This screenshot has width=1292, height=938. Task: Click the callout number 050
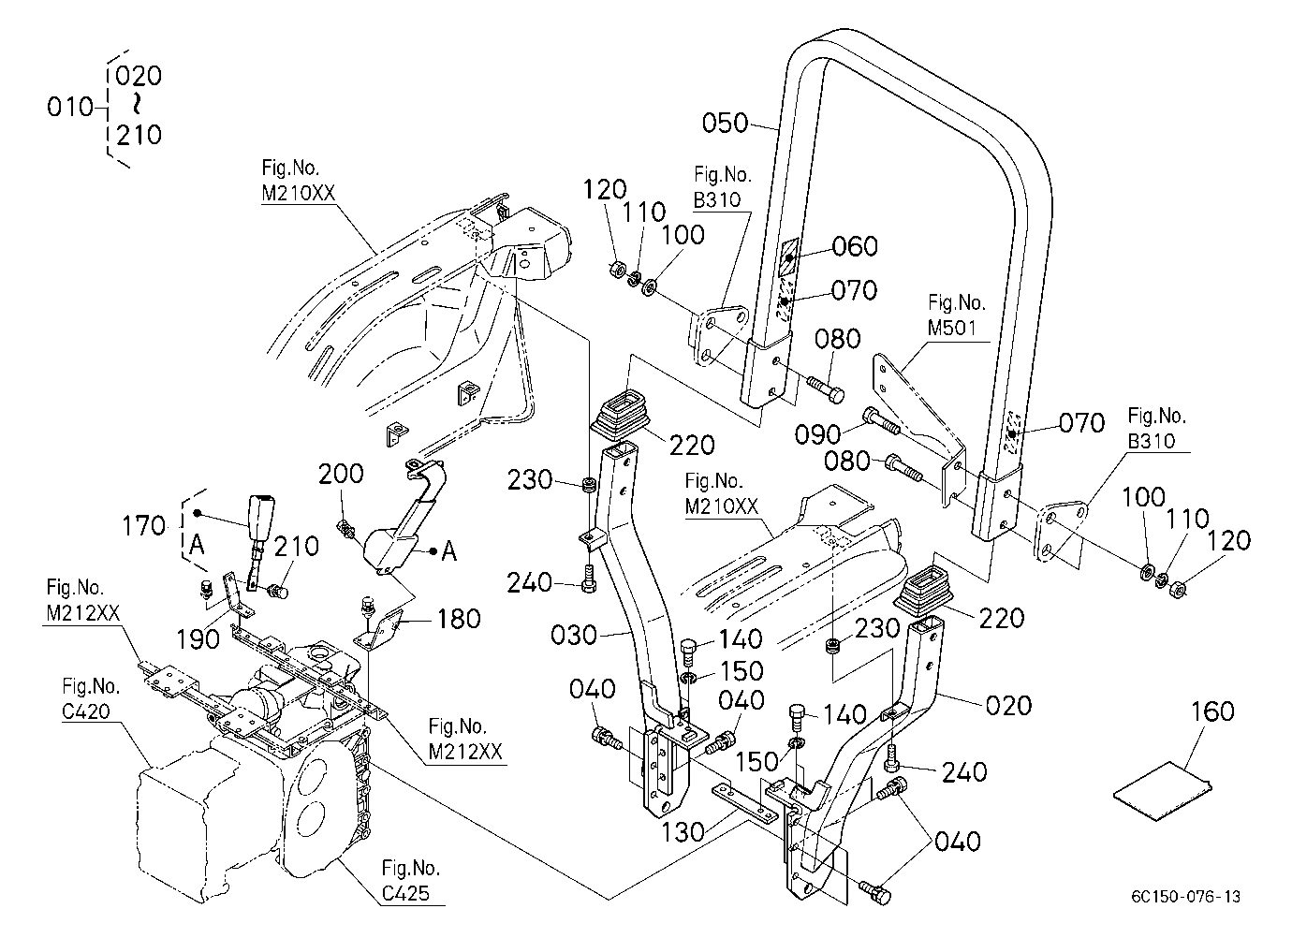(x=725, y=123)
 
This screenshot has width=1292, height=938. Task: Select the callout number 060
(x=855, y=246)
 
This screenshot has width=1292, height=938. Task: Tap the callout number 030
(x=573, y=635)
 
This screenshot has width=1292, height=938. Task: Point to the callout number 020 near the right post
(x=1009, y=706)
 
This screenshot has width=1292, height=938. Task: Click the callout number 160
(x=1213, y=711)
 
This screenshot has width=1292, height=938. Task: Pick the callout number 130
(x=683, y=832)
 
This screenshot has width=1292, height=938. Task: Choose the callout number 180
(x=459, y=619)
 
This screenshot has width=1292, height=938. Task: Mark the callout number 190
(x=198, y=639)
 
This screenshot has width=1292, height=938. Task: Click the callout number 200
(x=341, y=474)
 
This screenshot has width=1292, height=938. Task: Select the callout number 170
(x=143, y=525)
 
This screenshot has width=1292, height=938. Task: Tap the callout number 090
(x=818, y=434)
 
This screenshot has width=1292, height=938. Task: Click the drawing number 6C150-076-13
(x=1185, y=897)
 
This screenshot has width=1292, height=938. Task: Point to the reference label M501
(x=951, y=328)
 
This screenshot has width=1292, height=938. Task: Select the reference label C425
(x=406, y=893)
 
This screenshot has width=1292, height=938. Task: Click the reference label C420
(x=86, y=711)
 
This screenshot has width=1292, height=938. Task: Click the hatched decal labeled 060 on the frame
(x=789, y=257)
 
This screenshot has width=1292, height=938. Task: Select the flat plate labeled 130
(x=745, y=802)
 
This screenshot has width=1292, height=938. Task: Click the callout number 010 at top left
(x=70, y=108)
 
